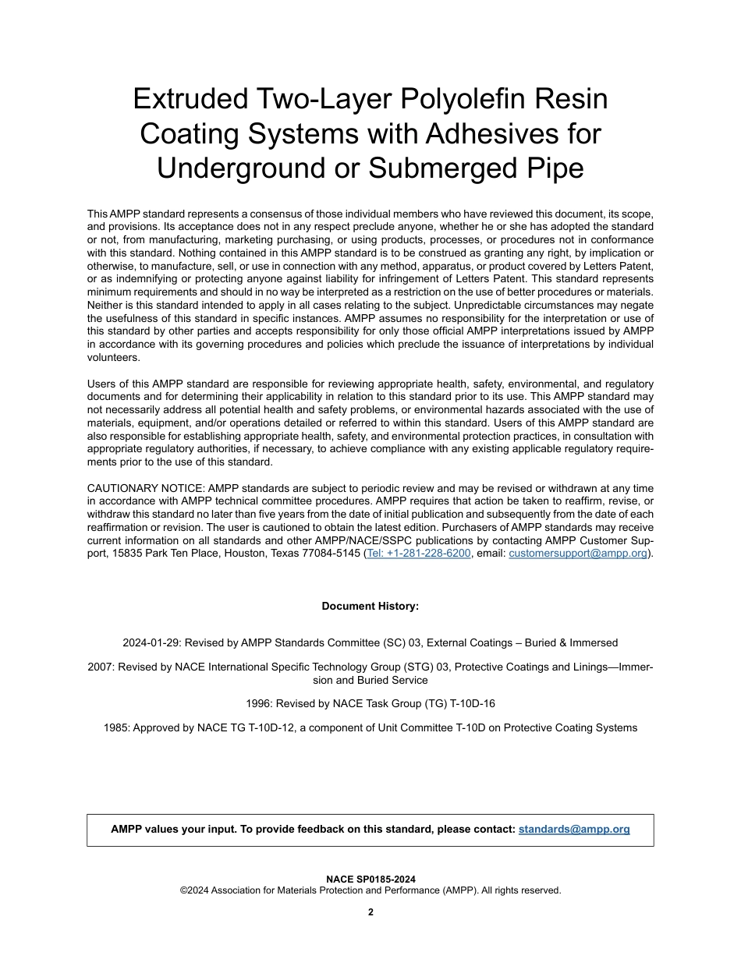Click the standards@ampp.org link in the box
(574, 830)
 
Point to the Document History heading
(370, 607)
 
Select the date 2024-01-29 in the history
(150, 643)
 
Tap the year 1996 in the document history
(257, 704)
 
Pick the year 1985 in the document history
(115, 728)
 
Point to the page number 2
(370, 913)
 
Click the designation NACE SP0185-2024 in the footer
(370, 879)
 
